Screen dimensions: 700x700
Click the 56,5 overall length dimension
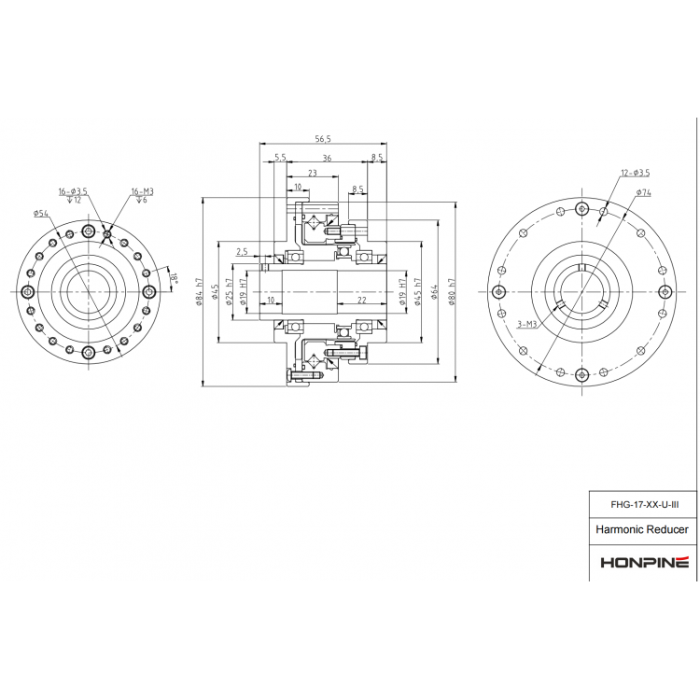324,138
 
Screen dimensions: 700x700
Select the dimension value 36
327,158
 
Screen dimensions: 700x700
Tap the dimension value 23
312,173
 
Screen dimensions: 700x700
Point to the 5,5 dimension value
280,158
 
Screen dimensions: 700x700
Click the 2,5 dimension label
243,251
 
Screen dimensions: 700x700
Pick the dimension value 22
360,300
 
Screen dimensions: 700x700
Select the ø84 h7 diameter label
199,293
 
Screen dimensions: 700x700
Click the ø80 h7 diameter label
453,293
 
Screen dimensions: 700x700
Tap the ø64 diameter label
436,293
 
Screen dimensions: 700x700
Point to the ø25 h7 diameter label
229,293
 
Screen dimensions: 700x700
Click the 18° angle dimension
174,278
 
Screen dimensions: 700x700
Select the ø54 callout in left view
40,214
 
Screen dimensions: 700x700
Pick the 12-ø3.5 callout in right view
635,173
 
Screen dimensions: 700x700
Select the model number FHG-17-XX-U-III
644,504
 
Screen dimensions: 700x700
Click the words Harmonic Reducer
642,529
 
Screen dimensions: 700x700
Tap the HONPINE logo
643,562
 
